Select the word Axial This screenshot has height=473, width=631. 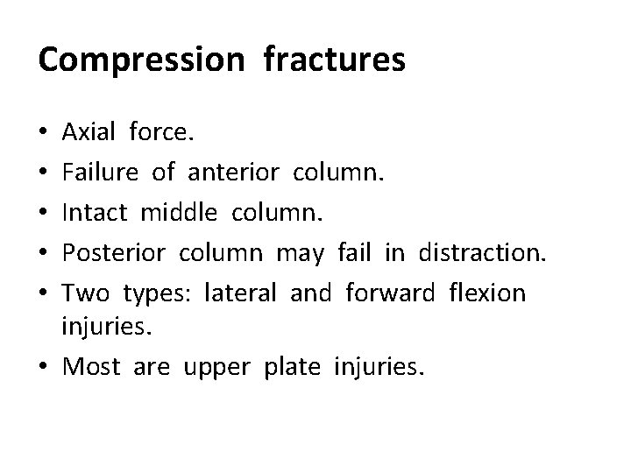(x=89, y=134)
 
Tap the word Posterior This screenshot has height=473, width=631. (x=116, y=252)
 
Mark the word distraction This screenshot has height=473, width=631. (x=483, y=252)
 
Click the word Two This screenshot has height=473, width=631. (x=87, y=292)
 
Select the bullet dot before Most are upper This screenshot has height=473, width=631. (x=45, y=367)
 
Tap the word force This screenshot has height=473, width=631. (x=163, y=134)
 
